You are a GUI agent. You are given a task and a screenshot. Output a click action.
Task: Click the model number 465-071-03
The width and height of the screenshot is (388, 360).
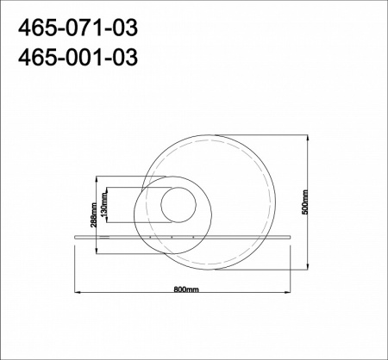pos(78,28)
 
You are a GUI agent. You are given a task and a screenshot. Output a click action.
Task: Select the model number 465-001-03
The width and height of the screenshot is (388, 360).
pos(78,57)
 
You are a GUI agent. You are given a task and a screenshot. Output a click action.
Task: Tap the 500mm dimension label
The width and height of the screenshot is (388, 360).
pos(305,202)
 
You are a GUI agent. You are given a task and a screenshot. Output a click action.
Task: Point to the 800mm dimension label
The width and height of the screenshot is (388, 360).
pos(186,289)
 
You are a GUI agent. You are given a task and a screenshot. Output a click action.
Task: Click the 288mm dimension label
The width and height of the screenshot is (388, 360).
pos(94,215)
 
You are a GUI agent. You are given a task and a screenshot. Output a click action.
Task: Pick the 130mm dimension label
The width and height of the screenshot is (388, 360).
pos(104,205)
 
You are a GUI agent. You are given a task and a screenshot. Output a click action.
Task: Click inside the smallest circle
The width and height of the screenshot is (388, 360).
pos(178,205)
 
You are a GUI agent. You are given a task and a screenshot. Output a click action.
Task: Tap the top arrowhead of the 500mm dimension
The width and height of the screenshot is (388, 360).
pos(308,138)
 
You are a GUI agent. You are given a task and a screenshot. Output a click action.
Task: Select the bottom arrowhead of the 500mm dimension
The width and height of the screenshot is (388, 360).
pos(308,266)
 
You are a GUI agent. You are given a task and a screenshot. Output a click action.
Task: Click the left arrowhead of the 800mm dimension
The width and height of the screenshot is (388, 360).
pos(78,292)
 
